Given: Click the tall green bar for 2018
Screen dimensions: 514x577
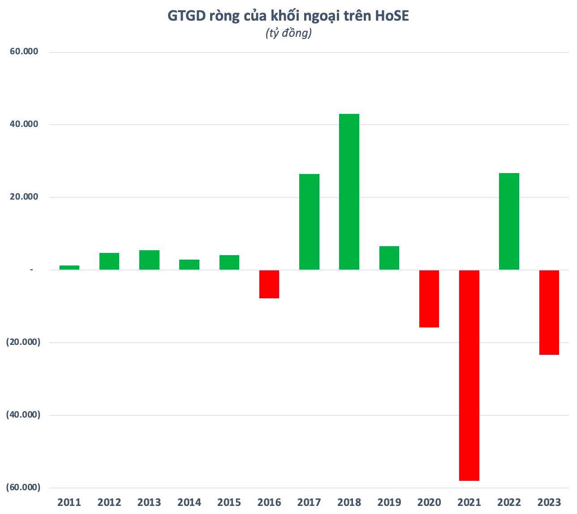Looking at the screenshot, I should click(x=349, y=192).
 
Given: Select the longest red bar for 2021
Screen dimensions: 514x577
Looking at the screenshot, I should click(x=469, y=375).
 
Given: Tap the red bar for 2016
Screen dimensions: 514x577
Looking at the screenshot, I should click(x=269, y=284).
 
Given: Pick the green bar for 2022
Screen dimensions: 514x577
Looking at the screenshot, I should click(x=509, y=222).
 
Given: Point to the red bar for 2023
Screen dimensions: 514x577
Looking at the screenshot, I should click(x=549, y=313).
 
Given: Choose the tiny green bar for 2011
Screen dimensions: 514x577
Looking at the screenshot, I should click(x=69, y=267).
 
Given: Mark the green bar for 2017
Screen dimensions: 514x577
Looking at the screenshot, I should click(x=309, y=222).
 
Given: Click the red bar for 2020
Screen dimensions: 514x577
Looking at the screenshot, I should click(x=429, y=299).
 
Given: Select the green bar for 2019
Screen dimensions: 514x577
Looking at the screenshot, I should click(x=389, y=258).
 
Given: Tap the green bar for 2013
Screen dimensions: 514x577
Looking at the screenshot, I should click(x=149, y=260).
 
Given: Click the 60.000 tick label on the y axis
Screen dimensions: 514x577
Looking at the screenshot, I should click(x=24, y=52).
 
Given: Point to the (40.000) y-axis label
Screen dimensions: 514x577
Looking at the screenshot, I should click(x=23, y=415).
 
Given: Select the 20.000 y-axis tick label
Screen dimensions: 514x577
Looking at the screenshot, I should click(x=24, y=197).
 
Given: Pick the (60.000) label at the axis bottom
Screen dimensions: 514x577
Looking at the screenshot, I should click(x=23, y=488).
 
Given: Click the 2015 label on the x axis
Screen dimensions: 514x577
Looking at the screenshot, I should click(x=229, y=502).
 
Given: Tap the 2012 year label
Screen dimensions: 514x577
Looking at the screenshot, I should click(x=109, y=502).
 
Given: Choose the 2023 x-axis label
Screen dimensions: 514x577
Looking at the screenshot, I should click(x=549, y=502).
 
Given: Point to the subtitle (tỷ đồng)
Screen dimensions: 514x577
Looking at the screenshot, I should click(x=288, y=33).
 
